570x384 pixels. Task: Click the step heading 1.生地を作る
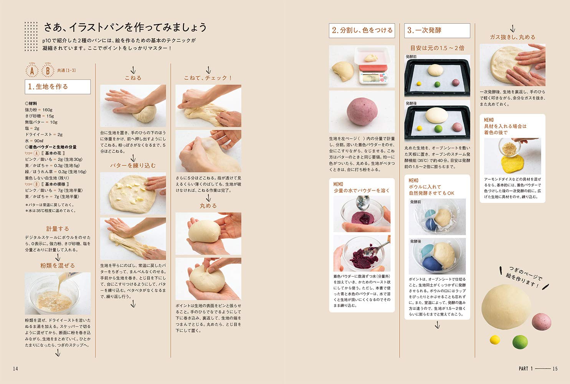click(58, 87)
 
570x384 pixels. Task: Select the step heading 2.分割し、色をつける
click(362, 30)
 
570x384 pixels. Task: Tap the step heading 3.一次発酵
click(437, 30)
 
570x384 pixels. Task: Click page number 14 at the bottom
click(15, 369)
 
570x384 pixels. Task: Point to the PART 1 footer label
click(525, 369)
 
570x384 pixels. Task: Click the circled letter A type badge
click(32, 71)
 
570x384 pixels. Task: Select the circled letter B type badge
click(48, 71)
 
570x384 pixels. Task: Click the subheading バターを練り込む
click(133, 166)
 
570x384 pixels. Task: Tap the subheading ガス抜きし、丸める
click(512, 37)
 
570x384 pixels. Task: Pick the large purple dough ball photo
click(362, 111)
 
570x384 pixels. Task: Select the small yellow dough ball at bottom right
click(495, 340)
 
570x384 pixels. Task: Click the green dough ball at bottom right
click(520, 341)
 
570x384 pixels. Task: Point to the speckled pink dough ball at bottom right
click(541, 321)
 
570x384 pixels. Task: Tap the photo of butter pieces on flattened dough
click(133, 193)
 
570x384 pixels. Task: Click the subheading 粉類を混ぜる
click(58, 266)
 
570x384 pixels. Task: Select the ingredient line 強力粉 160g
click(39, 110)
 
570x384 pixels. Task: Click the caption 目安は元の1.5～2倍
click(437, 48)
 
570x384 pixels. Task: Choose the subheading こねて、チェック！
click(208, 78)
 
